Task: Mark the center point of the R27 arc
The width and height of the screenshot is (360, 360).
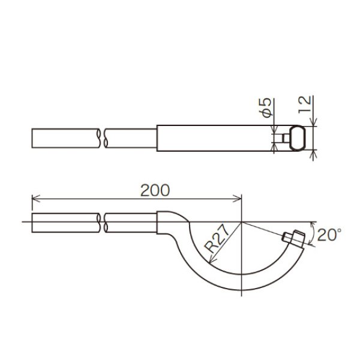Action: [x=241, y=222]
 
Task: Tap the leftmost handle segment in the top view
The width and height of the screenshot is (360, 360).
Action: [x=65, y=137]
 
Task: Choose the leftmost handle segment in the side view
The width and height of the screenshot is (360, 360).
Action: [x=65, y=223]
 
